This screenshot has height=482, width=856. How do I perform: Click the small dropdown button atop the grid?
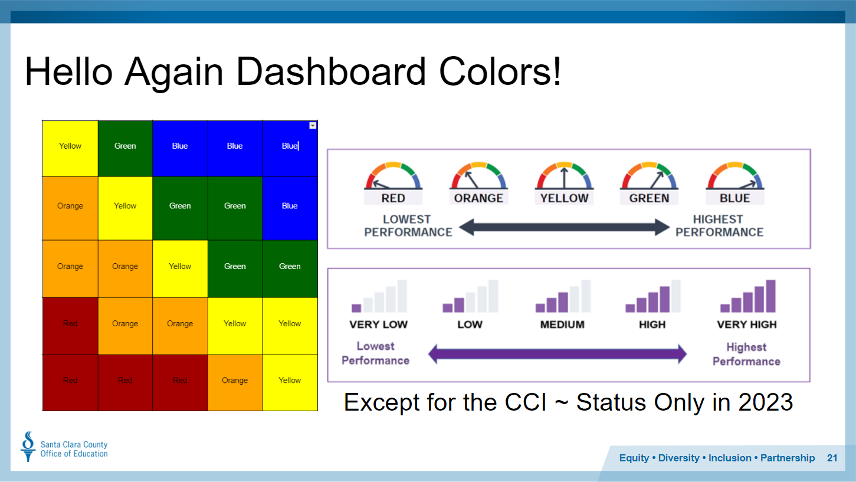pos(313,126)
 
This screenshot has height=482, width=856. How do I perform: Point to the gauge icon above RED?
pos(393,176)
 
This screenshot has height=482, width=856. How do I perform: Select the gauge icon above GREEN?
pos(649,176)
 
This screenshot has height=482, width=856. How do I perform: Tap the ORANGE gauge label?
pos(478,198)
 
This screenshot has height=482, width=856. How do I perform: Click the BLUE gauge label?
pos(735,198)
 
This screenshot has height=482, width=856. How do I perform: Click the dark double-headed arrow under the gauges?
pos(564,227)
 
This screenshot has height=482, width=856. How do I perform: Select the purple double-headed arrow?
pos(557,353)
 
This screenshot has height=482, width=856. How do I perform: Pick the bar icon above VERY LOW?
pos(379,296)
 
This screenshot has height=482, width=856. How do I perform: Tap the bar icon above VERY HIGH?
pos(748,296)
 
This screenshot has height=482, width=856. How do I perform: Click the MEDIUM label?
pos(562,324)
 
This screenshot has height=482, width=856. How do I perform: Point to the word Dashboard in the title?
pos(331,72)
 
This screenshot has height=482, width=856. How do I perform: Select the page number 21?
pos(832,458)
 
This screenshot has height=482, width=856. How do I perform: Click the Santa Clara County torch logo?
pos(28,447)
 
